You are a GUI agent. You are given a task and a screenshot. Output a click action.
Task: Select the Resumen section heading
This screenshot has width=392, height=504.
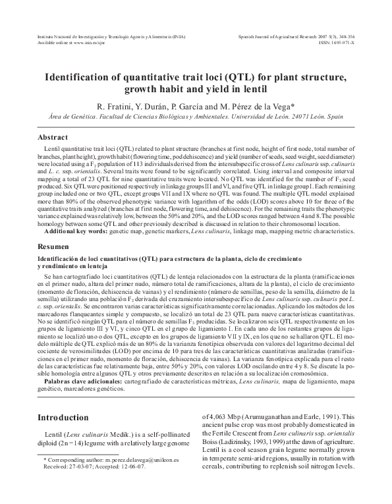[54, 245]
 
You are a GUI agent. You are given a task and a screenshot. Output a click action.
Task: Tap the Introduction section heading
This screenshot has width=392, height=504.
[64, 418]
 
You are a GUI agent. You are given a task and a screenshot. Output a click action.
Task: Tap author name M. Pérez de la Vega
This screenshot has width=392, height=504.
[260, 105]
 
